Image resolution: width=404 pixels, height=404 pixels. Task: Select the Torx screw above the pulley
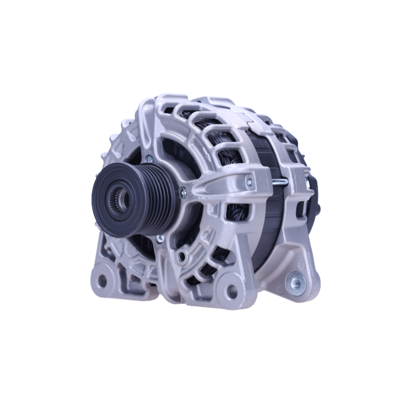coord(150,159)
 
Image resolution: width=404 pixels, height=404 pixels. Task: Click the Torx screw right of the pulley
coord(184,193)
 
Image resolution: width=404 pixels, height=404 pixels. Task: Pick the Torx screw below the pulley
coord(160,238)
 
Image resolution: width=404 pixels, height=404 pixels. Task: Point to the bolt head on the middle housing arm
coord(249,183)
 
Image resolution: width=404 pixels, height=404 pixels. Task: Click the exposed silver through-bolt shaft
coord(280,182)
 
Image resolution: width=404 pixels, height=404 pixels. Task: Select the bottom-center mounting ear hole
coord(232,292)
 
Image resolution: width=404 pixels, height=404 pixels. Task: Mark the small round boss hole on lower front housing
coord(183,255)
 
